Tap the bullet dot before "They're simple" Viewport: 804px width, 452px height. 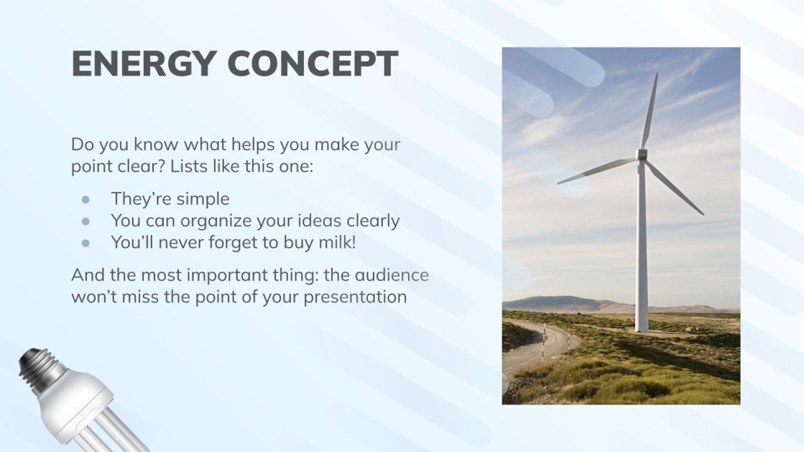coord(86,199)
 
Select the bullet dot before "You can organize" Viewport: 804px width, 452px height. coord(86,221)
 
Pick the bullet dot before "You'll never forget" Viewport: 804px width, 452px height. coord(86,244)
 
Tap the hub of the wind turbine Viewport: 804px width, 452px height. coord(642,154)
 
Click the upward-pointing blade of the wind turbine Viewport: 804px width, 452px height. coord(650,111)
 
